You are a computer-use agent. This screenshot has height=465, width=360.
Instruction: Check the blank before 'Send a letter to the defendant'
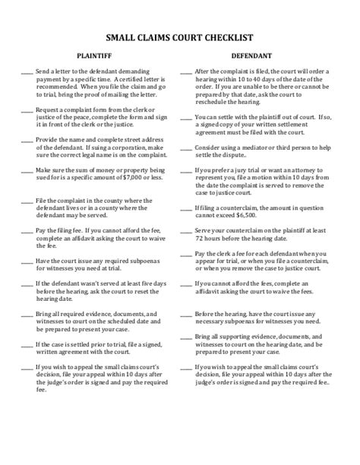point(26,70)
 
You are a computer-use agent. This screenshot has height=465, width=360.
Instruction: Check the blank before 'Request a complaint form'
point(26,110)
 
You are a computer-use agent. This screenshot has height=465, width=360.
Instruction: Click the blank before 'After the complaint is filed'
point(185,70)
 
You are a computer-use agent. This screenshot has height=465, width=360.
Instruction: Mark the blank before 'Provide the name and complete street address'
point(26,142)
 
